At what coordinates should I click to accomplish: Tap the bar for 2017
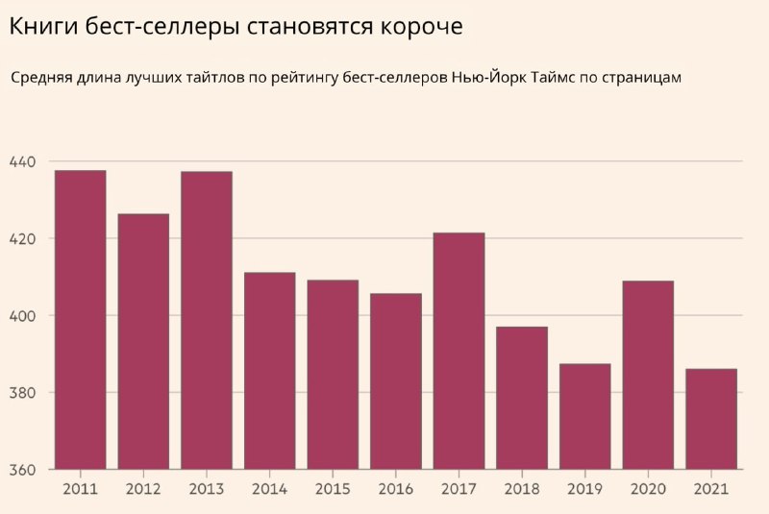click(x=459, y=351)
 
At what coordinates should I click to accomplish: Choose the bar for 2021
click(x=711, y=419)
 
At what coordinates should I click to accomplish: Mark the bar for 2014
click(x=269, y=371)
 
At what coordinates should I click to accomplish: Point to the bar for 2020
click(x=648, y=375)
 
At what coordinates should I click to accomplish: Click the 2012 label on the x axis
click(x=143, y=489)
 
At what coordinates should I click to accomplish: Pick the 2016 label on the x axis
click(x=396, y=489)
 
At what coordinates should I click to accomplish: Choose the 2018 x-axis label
click(x=522, y=489)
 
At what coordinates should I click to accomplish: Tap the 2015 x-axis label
click(x=333, y=489)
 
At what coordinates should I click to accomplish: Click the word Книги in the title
click(x=38, y=27)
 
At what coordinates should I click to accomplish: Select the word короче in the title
click(x=415, y=27)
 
